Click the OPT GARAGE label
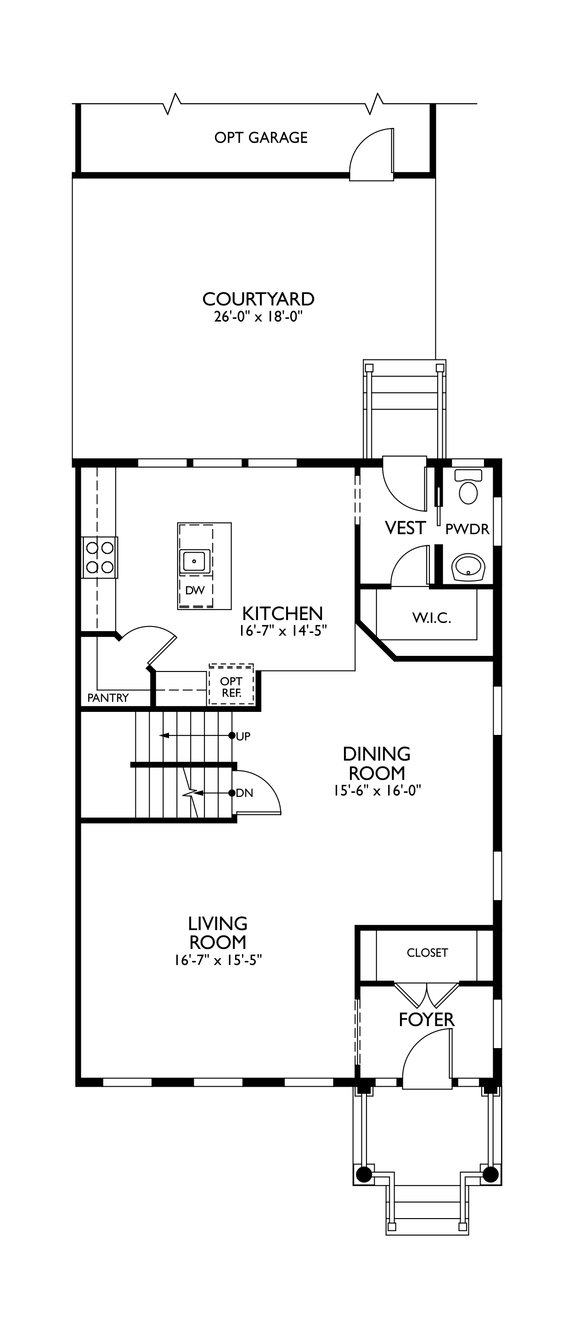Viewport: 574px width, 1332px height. click(261, 137)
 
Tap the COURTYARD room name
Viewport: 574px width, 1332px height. click(258, 299)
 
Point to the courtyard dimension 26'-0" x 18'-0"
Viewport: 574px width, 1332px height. click(258, 317)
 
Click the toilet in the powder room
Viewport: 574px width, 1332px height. click(468, 486)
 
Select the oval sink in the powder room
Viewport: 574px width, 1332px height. click(468, 568)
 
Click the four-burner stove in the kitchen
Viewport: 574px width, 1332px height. click(100, 558)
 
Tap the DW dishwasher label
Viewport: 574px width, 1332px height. click(195, 590)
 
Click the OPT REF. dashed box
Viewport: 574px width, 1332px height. click(231, 684)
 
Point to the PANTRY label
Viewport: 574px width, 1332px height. click(107, 698)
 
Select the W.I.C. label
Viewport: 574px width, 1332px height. click(432, 618)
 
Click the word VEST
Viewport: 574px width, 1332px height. click(405, 528)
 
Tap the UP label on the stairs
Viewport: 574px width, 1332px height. click(243, 736)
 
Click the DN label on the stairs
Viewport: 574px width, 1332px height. click(244, 793)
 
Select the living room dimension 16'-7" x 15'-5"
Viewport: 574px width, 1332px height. click(218, 960)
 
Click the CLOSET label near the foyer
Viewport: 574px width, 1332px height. click(427, 953)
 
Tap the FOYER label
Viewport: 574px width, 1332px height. click(427, 1020)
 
